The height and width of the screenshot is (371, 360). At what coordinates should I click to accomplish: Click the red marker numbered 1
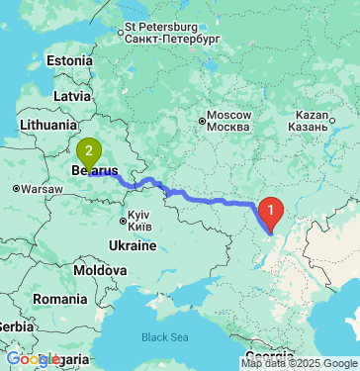[x=270, y=210]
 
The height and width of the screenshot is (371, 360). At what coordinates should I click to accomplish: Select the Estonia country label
[x=69, y=60]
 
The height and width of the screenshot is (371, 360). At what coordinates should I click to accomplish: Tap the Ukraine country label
[x=133, y=244]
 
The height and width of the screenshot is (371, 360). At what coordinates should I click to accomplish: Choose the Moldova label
[x=100, y=270]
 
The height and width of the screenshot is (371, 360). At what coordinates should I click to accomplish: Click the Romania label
[x=58, y=298]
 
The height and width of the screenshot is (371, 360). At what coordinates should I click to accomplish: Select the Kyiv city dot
[x=123, y=220]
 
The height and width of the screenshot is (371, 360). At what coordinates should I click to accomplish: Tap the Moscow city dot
[x=201, y=122]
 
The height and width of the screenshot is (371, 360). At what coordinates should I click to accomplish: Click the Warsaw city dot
[x=16, y=188]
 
